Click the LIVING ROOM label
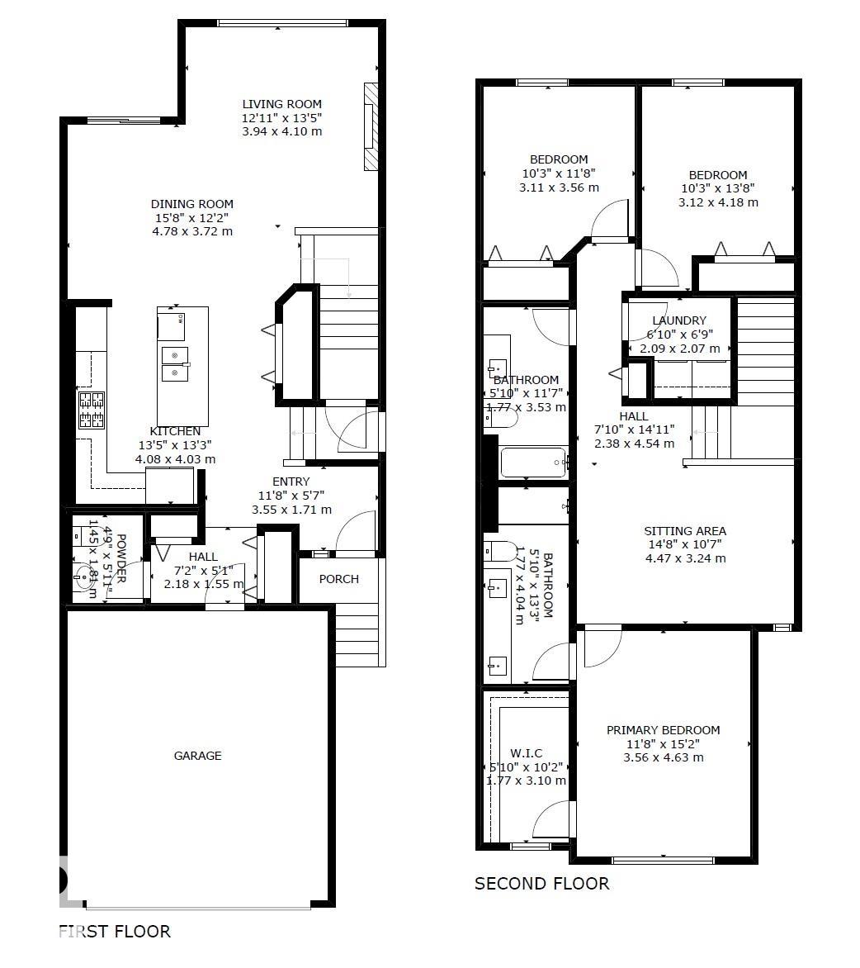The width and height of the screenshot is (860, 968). coord(281,104)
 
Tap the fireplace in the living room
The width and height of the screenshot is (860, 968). coord(371,126)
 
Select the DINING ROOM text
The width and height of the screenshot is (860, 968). coord(191,204)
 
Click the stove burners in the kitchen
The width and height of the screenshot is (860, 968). coord(92,410)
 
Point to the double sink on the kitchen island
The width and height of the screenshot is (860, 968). coord(174,364)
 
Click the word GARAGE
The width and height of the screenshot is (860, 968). coord(197,756)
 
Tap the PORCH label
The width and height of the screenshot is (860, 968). coord(339,579)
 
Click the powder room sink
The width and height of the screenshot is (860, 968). coord(85,577)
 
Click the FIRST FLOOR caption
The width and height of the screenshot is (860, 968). coord(115,932)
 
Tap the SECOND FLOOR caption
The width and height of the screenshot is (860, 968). coord(541,884)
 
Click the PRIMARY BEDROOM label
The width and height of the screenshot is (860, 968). coord(663,730)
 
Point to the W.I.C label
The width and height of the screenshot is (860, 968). coord(526,753)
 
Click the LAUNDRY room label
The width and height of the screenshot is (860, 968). coord(678,320)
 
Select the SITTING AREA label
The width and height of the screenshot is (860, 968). coord(685,531)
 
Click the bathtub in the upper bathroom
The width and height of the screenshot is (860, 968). coord(533,463)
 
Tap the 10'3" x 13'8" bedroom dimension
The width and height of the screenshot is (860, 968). coord(718,188)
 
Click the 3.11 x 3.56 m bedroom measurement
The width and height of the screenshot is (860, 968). coord(559,187)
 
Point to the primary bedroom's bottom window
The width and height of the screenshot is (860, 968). coord(663,860)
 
